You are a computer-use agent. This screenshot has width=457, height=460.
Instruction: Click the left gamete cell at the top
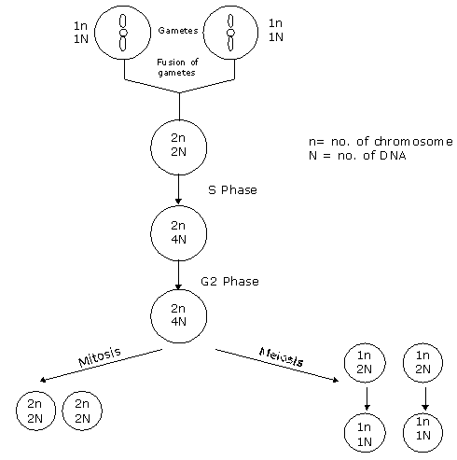click(x=123, y=32)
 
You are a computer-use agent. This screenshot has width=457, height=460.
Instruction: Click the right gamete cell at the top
click(x=230, y=32)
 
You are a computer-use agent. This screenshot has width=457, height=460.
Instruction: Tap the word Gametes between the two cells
click(x=177, y=31)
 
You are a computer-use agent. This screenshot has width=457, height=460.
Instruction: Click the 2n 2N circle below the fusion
click(x=178, y=147)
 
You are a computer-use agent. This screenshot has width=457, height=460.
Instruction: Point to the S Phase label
click(x=232, y=190)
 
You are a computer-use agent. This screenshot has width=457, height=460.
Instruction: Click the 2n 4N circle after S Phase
click(x=178, y=232)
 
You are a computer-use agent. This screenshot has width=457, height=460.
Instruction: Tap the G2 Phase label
click(x=229, y=281)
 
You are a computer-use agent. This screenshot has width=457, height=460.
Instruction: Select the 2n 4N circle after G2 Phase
click(x=178, y=315)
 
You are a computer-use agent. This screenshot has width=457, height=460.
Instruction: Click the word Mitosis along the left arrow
click(x=101, y=358)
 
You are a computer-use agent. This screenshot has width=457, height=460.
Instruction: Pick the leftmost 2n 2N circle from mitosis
click(x=35, y=411)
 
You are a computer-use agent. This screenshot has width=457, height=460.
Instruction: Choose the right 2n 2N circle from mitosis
click(x=82, y=411)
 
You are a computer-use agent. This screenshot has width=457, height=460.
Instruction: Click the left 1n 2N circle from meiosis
click(x=365, y=362)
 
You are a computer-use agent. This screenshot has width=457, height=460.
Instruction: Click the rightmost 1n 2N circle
click(x=422, y=362)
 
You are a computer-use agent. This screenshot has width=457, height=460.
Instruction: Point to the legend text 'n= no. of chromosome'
click(x=380, y=142)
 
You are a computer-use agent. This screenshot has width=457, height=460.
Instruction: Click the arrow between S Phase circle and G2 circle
click(x=178, y=274)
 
